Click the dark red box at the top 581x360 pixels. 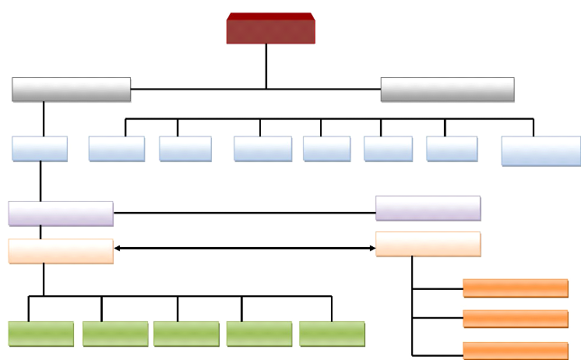coord(270,28)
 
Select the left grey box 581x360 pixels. coord(71,89)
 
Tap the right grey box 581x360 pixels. coord(447,89)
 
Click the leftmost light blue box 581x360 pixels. coord(39,149)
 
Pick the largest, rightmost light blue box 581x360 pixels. coord(541,151)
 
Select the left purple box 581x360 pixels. coord(61,214)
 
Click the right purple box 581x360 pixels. coord(428,208)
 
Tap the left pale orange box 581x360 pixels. coord(61,251)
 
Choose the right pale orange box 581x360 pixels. coord(428,244)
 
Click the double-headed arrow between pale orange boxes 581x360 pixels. coord(245,248)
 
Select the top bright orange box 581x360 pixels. coord(515,288)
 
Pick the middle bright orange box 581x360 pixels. coord(515,319)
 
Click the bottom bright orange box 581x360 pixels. coord(515,350)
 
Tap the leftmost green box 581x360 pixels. coord(41,334)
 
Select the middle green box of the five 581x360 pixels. coord(186,334)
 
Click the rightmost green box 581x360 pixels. coord(332,334)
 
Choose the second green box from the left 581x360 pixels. coord(115,334)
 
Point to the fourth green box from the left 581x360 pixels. coord(259,334)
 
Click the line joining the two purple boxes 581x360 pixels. coord(245,212)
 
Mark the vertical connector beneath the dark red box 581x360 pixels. coord(266,65)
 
